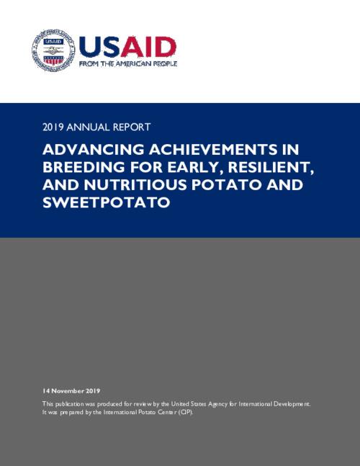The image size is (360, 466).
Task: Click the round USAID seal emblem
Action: coord(51,50)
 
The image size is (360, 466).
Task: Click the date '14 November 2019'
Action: coord(71,390)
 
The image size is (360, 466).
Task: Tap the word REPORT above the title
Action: coord(132,127)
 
